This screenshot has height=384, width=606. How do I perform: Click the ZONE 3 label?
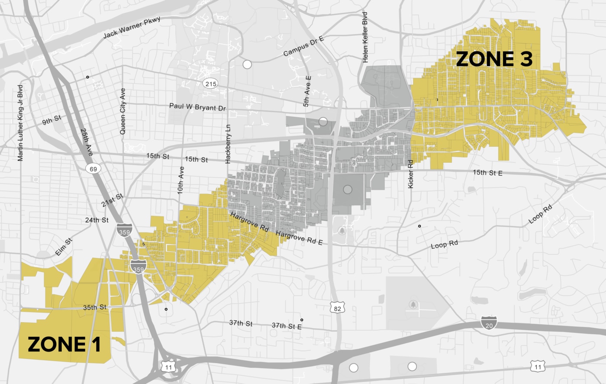(494, 59)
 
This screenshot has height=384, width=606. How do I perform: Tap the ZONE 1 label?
(64, 345)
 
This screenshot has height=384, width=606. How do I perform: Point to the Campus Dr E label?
(303, 46)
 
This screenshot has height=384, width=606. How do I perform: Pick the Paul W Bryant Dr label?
(197, 107)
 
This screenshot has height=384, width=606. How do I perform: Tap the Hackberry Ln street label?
(228, 144)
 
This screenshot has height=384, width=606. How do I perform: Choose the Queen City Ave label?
(123, 111)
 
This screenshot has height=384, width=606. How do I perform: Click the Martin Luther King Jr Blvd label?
(20, 123)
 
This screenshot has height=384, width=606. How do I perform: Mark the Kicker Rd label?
(411, 174)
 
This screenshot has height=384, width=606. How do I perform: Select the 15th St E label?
(487, 173)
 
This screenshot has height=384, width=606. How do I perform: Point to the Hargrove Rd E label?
(299, 238)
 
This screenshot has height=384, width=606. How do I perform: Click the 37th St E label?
(287, 326)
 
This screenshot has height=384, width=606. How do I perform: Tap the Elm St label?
(64, 247)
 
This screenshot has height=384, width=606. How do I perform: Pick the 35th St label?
(95, 307)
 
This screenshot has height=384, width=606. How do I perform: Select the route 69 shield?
(93, 169)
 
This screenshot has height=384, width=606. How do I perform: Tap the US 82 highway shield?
(337, 308)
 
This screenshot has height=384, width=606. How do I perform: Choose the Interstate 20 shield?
(489, 323)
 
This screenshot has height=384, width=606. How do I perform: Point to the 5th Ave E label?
(307, 91)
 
